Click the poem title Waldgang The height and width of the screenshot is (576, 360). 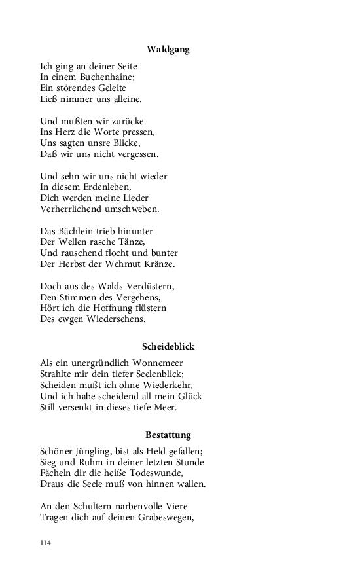[x=168, y=49]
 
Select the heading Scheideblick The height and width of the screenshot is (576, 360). [x=168, y=346]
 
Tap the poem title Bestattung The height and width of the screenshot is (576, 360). [x=168, y=435]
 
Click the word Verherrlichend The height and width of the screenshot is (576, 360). [x=71, y=209]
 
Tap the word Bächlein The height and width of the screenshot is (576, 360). [x=81, y=232]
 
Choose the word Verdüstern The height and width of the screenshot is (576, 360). [x=151, y=287]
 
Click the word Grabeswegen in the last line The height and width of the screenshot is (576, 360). [x=162, y=518]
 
